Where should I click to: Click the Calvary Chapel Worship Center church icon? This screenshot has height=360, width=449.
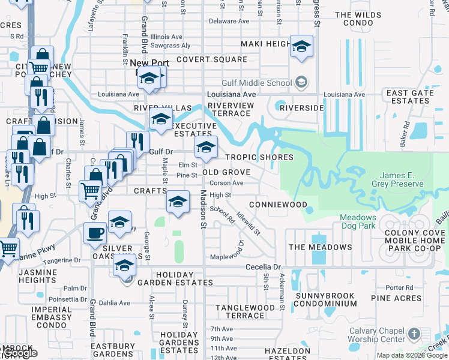tap(414, 334)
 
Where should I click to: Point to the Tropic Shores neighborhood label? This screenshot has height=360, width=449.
tap(259, 157)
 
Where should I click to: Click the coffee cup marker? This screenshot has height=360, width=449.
tap(95, 232)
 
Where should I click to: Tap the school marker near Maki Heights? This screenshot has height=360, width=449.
tap(301, 46)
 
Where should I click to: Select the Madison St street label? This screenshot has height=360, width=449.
tap(203, 209)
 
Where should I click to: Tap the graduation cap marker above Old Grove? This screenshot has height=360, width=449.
tap(205, 147)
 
